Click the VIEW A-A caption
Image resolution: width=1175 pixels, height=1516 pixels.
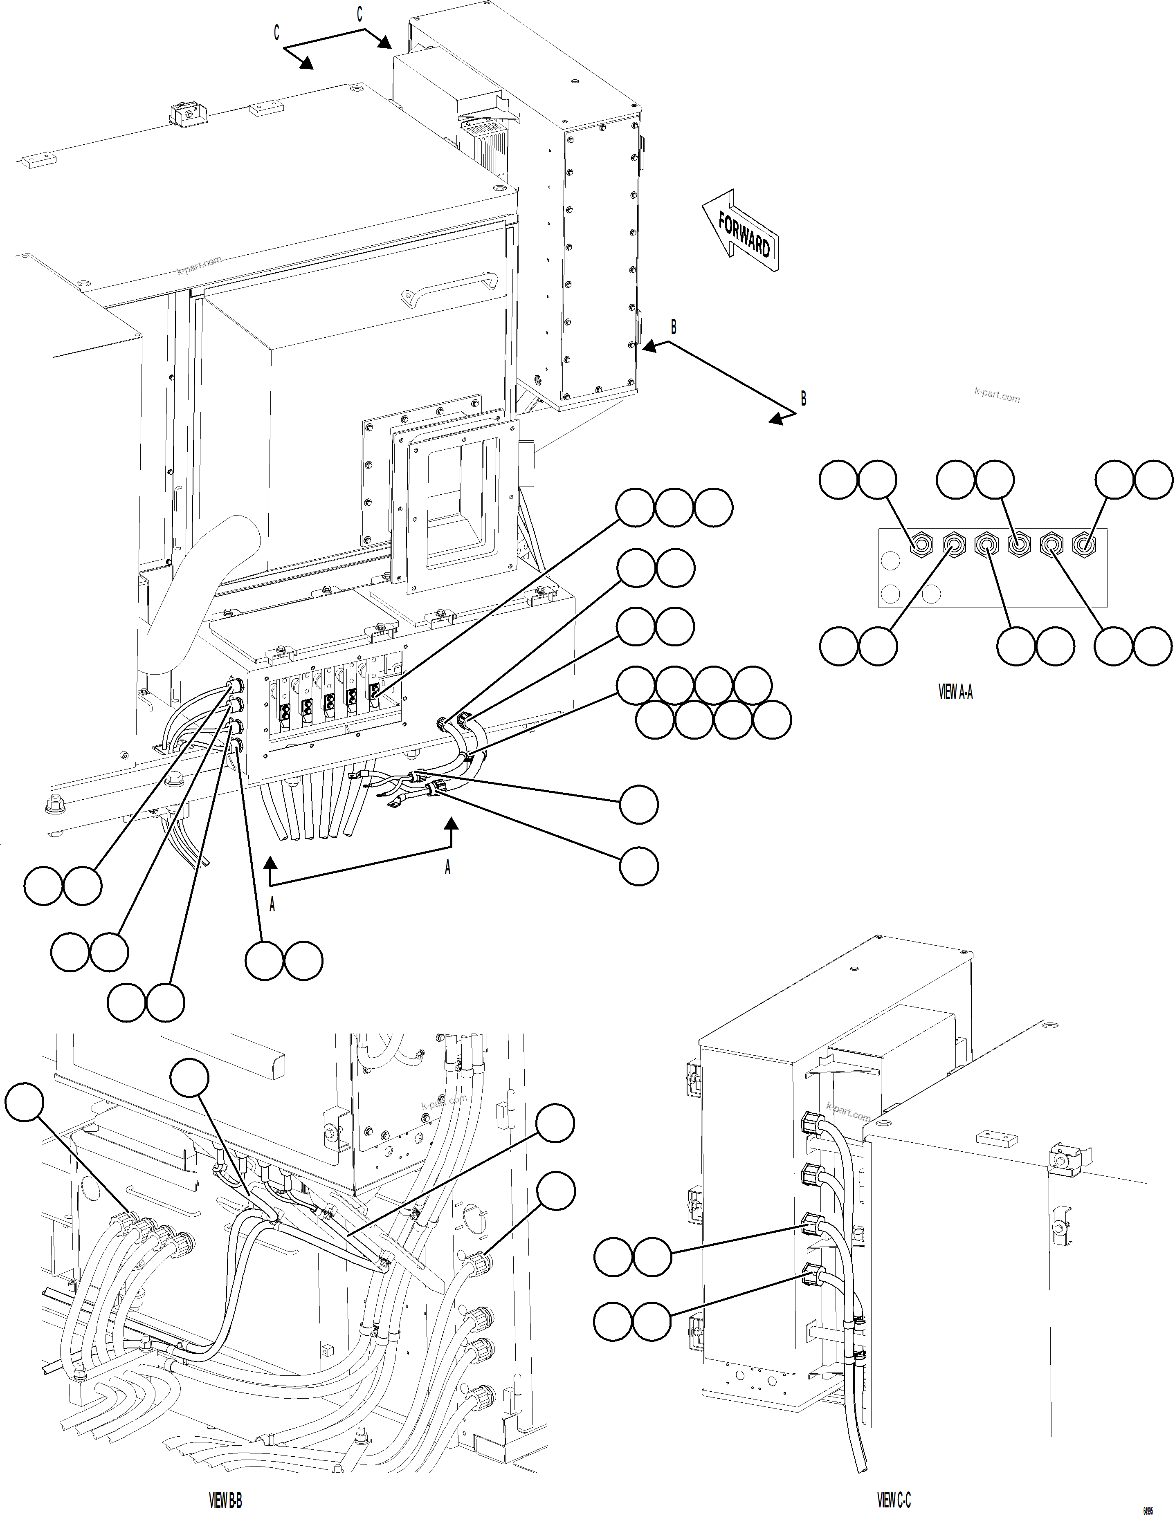coord(955,692)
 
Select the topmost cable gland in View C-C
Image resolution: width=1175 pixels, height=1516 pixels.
coord(811,1123)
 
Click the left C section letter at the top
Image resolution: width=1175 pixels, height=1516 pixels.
coord(276,33)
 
